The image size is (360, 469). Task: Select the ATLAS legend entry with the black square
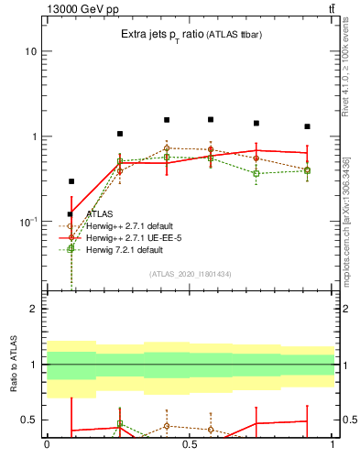99,213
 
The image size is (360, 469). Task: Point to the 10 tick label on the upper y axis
30,51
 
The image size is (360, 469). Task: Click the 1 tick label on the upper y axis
33,136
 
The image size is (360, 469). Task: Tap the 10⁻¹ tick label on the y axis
27,222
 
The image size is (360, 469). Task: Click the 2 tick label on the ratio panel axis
33,309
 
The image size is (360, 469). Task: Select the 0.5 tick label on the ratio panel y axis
28,420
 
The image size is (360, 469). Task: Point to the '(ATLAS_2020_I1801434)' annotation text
190,274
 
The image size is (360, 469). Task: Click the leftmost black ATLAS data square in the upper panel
71,181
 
